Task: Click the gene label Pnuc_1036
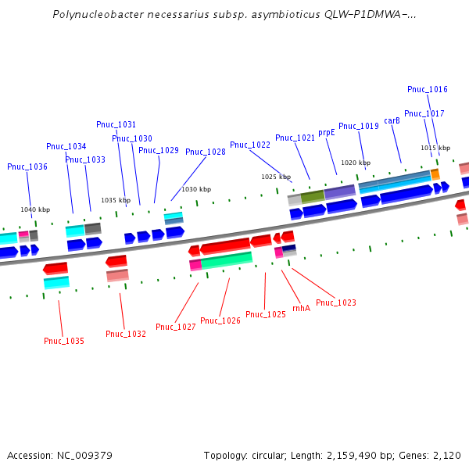pyautogui.click(x=27, y=166)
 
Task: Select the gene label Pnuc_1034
pyautogui.click(x=66, y=146)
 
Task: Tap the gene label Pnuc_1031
pyautogui.click(x=116, y=124)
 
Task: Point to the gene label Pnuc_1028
pyautogui.click(x=206, y=152)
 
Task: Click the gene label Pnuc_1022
pyautogui.click(x=250, y=145)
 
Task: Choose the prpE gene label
pyautogui.click(x=327, y=132)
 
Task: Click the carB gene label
pyautogui.click(x=392, y=120)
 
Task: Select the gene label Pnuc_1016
pyautogui.click(x=428, y=89)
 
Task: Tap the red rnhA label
pyautogui.click(x=301, y=308)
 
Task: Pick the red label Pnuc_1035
pyautogui.click(x=64, y=341)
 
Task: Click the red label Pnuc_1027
pyautogui.click(x=176, y=327)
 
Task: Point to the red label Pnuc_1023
pyautogui.click(x=336, y=303)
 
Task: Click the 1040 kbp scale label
pyautogui.click(x=35, y=209)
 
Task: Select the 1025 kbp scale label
pyautogui.click(x=276, y=177)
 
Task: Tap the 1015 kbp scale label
pyautogui.click(x=435, y=148)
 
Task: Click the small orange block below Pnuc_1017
pyautogui.click(x=435, y=174)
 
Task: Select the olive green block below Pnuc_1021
pyautogui.click(x=313, y=195)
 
